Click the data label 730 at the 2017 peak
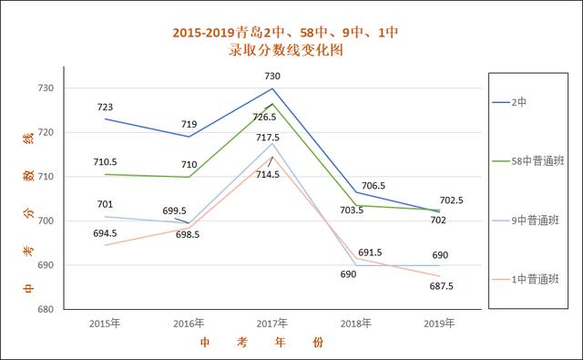pos(271,77)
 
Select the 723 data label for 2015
pos(105,108)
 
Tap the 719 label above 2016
pos(188,125)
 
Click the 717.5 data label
pos(268,139)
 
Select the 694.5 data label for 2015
pos(105,233)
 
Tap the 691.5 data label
pos(370,252)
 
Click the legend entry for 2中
pos(518,102)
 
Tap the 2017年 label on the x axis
pos(271,324)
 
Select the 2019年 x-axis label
pos(439,324)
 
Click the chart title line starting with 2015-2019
pos(285,33)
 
